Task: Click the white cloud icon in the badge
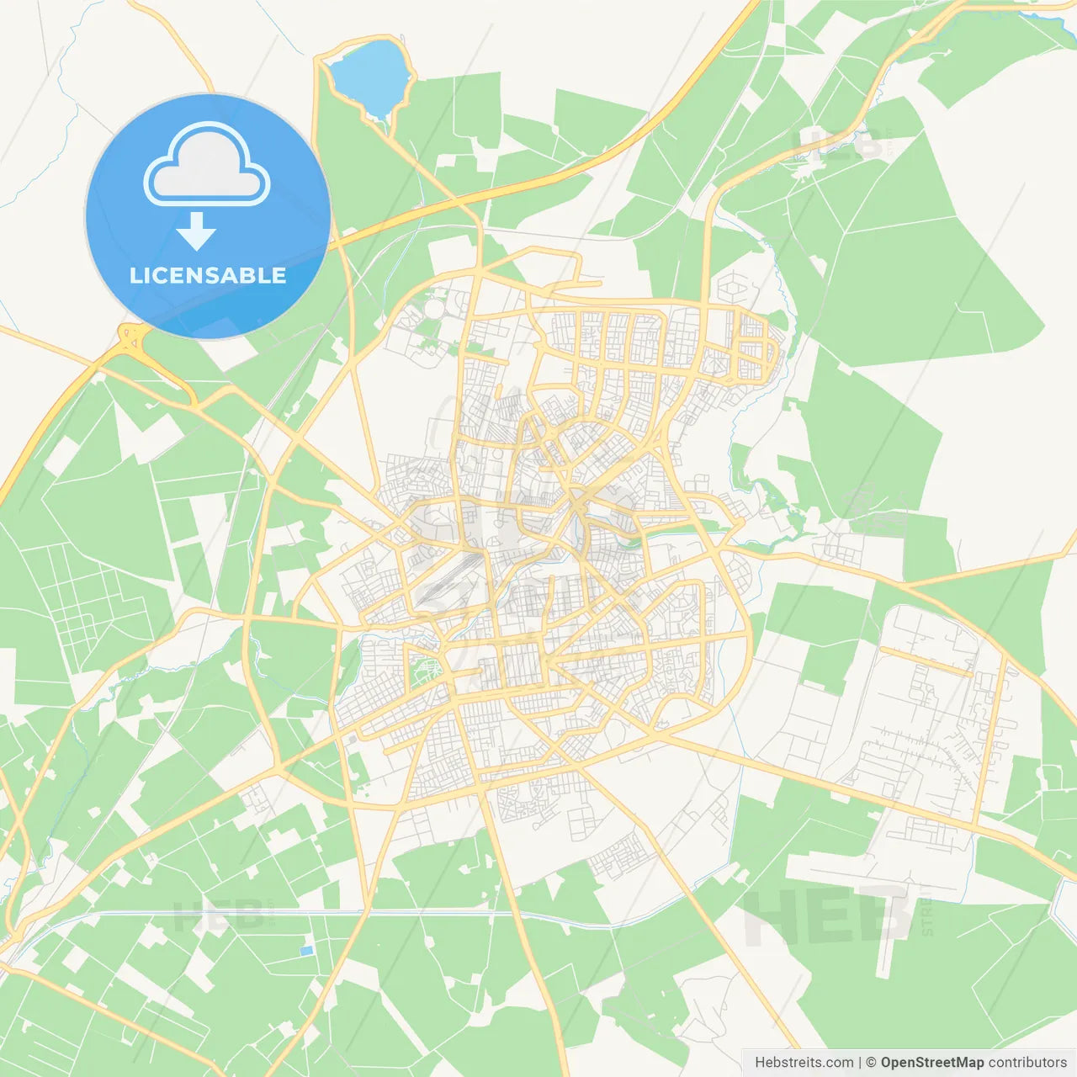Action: point(207,165)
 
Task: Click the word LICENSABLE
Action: point(208,275)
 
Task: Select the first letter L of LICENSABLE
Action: point(135,275)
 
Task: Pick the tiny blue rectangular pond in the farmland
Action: point(306,951)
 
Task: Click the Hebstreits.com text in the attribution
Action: point(804,1063)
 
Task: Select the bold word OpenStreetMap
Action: point(932,1063)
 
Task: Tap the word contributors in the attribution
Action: point(1027,1063)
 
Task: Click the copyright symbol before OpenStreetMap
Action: point(872,1063)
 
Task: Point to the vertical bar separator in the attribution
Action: point(860,1063)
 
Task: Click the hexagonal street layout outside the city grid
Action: point(732,288)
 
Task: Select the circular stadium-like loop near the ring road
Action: point(432,307)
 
